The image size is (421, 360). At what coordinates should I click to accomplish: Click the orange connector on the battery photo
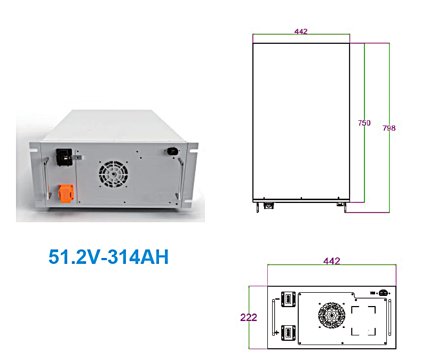66,193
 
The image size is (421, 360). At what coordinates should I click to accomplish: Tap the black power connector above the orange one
65,157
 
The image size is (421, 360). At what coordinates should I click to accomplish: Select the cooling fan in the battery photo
113,174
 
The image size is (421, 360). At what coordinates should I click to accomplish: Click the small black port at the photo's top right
172,151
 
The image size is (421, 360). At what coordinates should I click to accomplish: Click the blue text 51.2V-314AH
108,257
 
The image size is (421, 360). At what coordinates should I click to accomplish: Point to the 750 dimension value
364,123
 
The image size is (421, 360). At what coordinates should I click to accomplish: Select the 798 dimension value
389,128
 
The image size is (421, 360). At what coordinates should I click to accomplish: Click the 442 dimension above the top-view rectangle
301,32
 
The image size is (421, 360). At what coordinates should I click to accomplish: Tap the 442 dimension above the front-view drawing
331,261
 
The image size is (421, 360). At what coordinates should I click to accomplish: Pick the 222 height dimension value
249,317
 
